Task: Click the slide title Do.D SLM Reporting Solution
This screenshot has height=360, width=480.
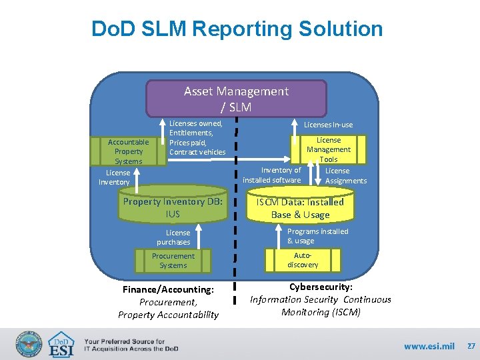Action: click(237, 29)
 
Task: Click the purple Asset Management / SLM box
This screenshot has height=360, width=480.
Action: click(236, 99)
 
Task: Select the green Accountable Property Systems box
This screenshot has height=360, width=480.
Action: click(129, 151)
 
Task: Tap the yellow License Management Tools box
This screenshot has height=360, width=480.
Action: click(329, 149)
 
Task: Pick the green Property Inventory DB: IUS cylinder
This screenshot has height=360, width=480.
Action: click(173, 207)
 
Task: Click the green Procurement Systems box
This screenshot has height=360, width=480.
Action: click(173, 261)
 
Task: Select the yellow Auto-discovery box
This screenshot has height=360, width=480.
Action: click(303, 260)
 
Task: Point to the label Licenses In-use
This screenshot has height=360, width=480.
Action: click(329, 125)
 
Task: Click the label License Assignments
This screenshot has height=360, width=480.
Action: click(345, 175)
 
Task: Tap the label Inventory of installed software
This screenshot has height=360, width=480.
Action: click(271, 175)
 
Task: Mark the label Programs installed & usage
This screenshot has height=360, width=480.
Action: click(317, 236)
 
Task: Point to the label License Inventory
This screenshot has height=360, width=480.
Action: click(114, 177)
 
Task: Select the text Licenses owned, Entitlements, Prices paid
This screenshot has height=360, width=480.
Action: click(197, 137)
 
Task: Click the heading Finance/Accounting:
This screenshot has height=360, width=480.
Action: click(169, 290)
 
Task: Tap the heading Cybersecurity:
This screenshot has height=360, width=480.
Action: click(320, 287)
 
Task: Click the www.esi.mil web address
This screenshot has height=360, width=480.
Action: click(429, 346)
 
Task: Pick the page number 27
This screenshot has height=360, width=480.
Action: click(471, 346)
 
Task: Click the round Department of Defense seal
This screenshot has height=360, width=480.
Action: click(28, 344)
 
